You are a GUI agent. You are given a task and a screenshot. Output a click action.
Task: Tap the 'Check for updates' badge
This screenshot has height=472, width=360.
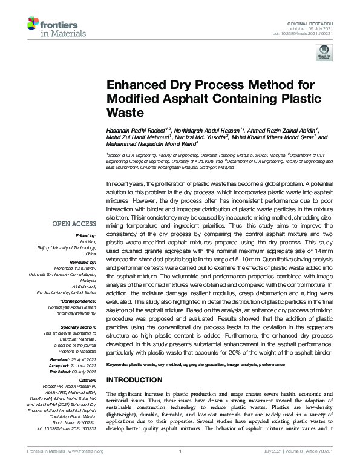321,55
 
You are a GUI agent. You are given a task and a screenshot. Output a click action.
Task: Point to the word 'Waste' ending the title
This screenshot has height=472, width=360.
123,113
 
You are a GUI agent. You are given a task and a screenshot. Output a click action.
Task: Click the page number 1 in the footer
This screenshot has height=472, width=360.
180,468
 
